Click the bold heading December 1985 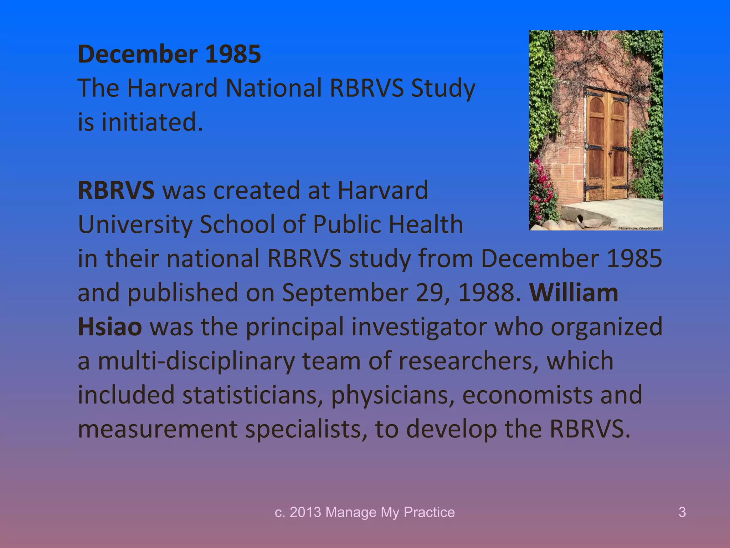pos(169,54)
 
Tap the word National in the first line pos(274,88)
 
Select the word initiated pos(152,122)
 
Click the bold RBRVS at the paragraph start pos(116,190)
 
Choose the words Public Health pos(388,224)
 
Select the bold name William pos(574,293)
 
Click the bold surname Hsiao pos(110,327)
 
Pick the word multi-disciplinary pos(196,361)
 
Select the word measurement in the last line pos(157,429)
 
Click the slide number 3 pos(682,512)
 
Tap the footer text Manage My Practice pos(390,512)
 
